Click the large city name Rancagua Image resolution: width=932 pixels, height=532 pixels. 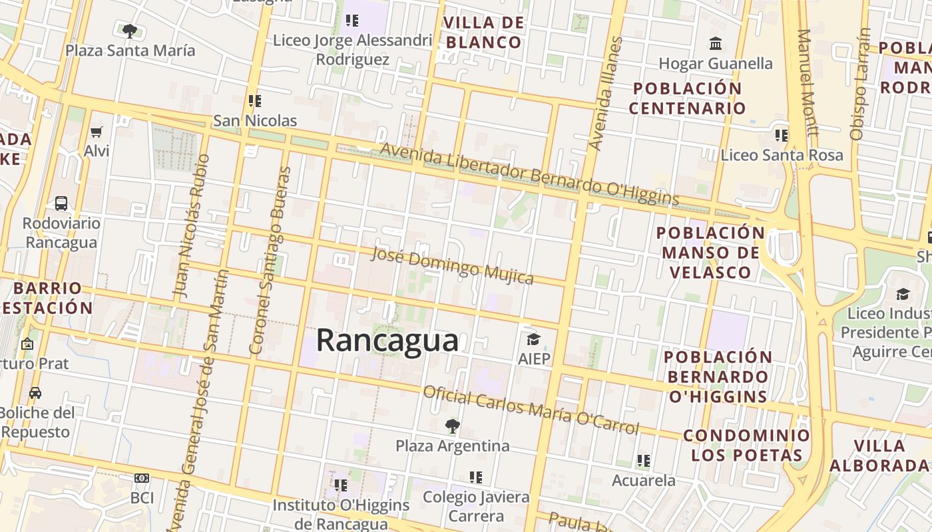pos(387,340)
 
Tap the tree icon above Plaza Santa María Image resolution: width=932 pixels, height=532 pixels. pos(130,31)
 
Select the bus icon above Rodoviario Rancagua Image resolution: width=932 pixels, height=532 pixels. pos(61,203)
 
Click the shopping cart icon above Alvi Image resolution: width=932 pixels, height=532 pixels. pos(97,132)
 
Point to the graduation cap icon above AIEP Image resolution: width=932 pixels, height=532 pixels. pos(533,340)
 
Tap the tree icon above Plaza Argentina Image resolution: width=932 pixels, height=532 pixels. pos(453,426)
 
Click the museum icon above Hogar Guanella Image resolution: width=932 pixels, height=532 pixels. pos(716,44)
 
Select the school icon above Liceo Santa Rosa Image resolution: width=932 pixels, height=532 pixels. pos(782,136)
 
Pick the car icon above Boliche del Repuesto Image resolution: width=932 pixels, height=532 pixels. pos(35,392)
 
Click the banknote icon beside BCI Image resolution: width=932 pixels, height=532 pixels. pos(142,478)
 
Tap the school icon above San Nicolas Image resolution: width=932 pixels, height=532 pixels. pos(254,101)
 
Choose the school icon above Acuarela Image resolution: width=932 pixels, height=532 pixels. pos(643,460)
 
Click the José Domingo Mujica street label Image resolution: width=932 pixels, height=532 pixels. pos(453,265)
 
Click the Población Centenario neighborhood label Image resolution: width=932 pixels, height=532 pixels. pos(688,98)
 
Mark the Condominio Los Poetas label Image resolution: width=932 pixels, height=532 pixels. pos(746,446)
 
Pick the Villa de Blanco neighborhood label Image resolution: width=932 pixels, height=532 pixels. pos(483,33)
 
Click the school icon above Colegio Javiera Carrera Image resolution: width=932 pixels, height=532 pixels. pos(476,477)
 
